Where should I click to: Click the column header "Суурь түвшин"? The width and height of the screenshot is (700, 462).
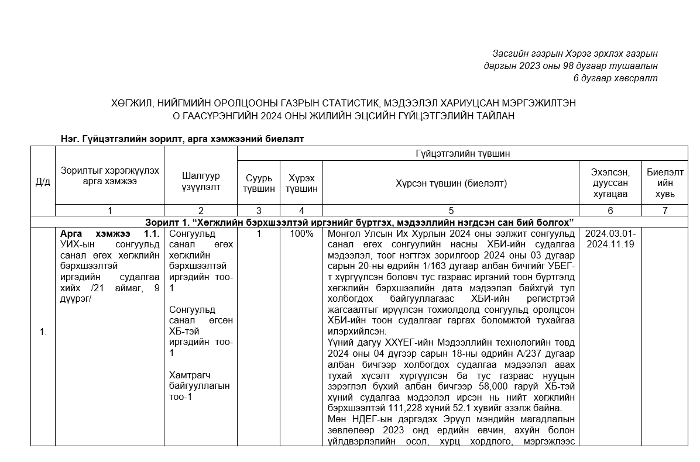259,183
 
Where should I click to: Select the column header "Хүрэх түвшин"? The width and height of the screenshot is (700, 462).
301,183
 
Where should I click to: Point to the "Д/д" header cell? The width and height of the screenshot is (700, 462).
43,181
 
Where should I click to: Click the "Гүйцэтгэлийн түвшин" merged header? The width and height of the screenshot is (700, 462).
462,154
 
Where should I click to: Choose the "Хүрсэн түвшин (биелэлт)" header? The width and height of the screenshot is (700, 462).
451,183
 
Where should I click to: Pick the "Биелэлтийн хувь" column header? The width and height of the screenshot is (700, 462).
665,182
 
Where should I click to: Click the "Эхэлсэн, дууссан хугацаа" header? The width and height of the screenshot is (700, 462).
610,182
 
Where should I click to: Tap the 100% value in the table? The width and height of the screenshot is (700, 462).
301,234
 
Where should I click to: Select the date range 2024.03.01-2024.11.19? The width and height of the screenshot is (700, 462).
610,239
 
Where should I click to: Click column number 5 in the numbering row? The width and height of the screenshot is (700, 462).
451,211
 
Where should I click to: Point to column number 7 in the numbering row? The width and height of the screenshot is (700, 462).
665,211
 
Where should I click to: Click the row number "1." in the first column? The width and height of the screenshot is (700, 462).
43,333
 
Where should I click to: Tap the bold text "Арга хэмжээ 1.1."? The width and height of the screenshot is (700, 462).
110,234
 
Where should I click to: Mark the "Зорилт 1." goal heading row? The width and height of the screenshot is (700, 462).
359,222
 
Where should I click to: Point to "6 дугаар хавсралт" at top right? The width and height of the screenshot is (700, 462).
615,78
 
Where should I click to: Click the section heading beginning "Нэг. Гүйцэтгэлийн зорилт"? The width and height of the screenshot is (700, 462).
181,139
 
